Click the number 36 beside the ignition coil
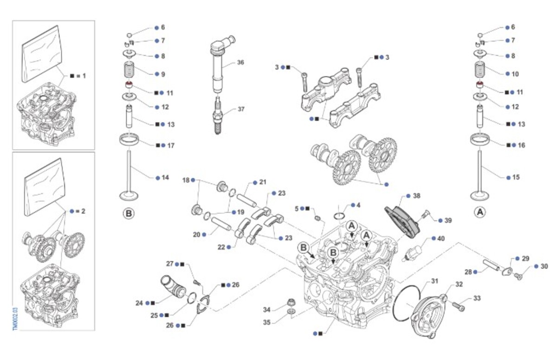click(240, 62)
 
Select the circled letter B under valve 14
click(129, 214)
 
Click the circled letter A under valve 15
click(480, 212)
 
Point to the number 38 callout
click(416, 196)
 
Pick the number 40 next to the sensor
click(441, 238)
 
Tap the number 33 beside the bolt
click(477, 299)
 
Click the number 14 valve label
click(165, 178)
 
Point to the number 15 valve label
click(516, 178)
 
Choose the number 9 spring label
click(163, 74)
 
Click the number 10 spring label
click(515, 74)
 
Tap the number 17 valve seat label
click(171, 146)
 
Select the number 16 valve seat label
click(521, 146)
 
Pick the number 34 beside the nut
click(266, 309)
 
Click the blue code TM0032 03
click(15, 318)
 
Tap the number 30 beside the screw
click(544, 267)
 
